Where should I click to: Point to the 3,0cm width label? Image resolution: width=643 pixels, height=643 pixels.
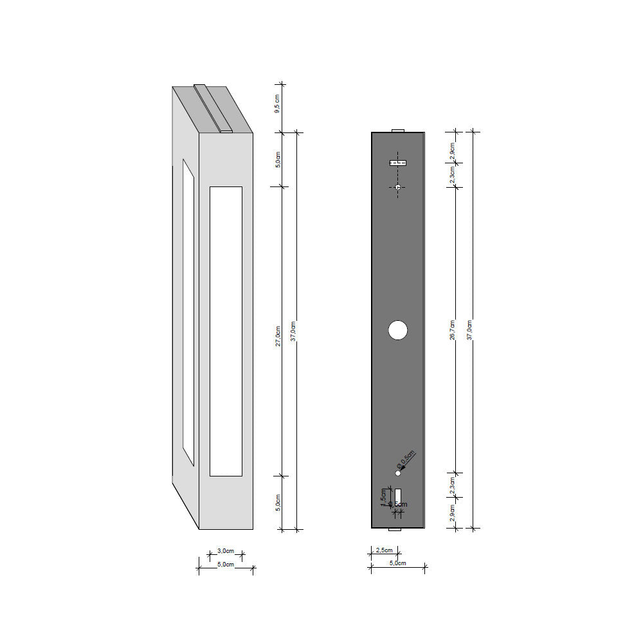coord(225,551)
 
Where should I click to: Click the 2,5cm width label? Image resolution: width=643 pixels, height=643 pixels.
coord(385,550)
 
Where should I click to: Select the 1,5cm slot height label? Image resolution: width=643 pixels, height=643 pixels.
coord(384,496)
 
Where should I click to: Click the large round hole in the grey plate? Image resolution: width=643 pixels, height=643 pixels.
coord(398,330)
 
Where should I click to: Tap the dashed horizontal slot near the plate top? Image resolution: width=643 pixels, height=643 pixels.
coord(398,163)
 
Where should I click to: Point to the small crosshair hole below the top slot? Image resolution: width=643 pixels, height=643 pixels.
coord(398,187)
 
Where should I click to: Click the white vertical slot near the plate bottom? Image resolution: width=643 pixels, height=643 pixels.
coord(399,496)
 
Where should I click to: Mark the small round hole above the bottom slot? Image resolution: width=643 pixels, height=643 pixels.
coord(398,473)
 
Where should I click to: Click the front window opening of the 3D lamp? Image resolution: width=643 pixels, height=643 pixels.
coord(226,331)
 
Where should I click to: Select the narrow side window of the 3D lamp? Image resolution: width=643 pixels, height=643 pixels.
coord(188,312)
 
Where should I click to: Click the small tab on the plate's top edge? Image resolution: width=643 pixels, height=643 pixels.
coord(398,130)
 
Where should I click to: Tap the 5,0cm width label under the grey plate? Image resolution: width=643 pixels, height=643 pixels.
coord(397,563)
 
